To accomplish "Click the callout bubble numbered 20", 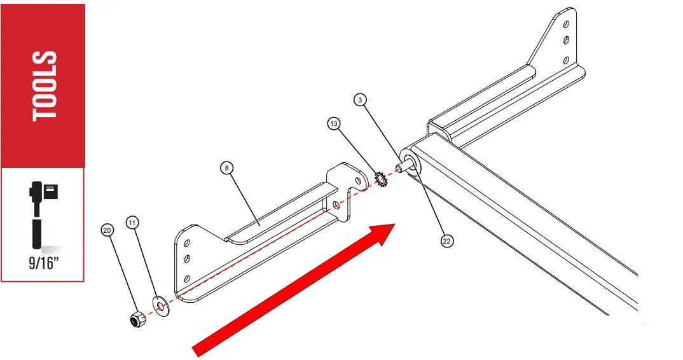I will pyautogui.click(x=107, y=229).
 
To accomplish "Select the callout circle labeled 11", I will pyautogui.click(x=132, y=222).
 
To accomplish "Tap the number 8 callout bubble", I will pyautogui.click(x=227, y=168).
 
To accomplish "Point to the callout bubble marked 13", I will pyautogui.click(x=335, y=122).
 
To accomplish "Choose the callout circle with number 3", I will pyautogui.click(x=361, y=99).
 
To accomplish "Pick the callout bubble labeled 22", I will pyautogui.click(x=447, y=241).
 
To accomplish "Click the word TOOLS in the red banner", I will pyautogui.click(x=45, y=86).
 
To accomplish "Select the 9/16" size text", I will pyautogui.click(x=43, y=263).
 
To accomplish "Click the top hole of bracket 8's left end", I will pyautogui.click(x=188, y=242).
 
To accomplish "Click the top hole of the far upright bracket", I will pyautogui.click(x=565, y=24).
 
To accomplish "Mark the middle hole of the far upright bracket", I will pyautogui.click(x=565, y=41).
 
